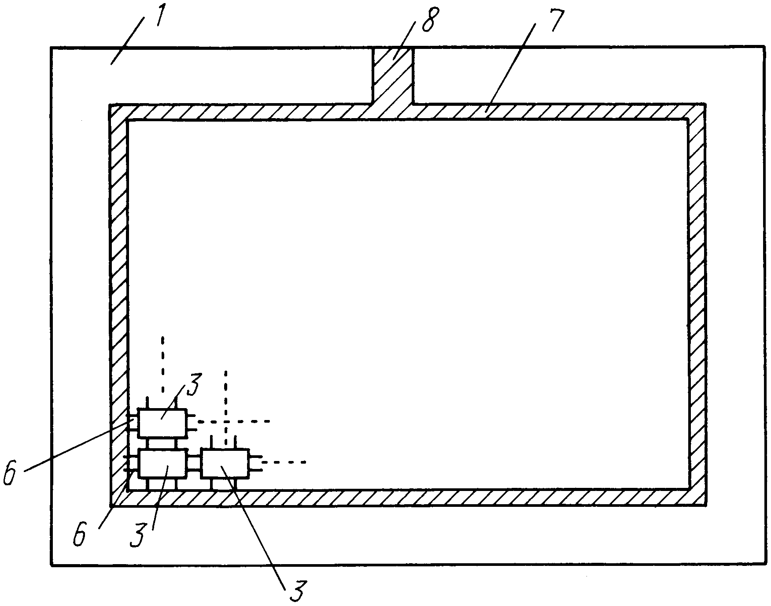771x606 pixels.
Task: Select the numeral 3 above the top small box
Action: (x=193, y=386)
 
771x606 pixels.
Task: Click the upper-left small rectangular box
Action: (x=162, y=423)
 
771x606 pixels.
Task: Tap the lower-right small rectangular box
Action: (x=225, y=464)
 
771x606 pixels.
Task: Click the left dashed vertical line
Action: (x=162, y=364)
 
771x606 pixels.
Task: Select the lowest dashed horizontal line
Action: (x=284, y=462)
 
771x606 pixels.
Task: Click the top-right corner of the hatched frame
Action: (x=706, y=104)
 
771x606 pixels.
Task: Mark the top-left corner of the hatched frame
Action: (x=110, y=105)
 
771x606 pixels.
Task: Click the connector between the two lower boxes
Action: (x=194, y=464)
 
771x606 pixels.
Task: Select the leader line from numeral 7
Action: (x=511, y=66)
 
